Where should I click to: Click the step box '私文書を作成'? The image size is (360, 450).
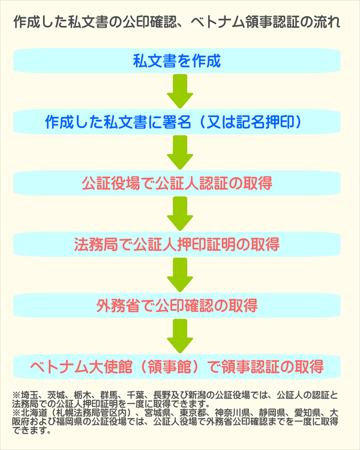pos(177,61)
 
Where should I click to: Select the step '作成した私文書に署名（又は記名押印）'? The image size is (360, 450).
pos(177,122)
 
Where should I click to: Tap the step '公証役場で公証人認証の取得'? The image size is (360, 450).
pos(177,184)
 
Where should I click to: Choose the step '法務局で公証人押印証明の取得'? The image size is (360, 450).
pos(177,245)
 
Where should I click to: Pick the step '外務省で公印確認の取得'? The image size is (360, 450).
pos(177,306)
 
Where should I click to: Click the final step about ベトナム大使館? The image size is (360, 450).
pos(177,367)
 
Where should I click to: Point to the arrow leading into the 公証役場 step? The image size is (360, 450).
pos(179,152)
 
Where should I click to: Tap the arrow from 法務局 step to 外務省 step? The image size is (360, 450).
pos(179,275)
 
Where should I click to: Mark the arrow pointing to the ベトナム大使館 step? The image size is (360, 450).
pos(179,337)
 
